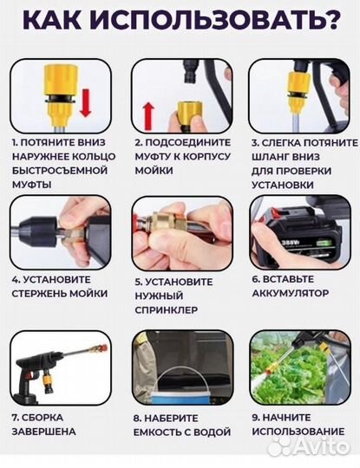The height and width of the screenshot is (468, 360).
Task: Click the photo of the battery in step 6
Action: pyautogui.click(x=296, y=248)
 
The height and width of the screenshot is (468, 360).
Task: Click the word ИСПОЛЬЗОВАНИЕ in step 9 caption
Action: pyautogui.click(x=300, y=431)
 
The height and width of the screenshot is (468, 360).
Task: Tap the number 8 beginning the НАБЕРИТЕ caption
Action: pyautogui.click(x=137, y=417)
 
